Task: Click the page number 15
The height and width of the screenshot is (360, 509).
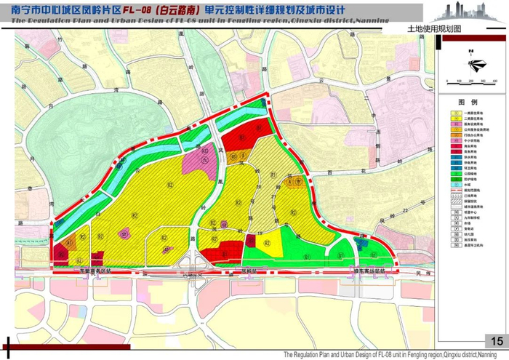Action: pyautogui.click(x=497, y=342)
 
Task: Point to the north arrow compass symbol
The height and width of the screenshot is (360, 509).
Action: pyautogui.click(x=473, y=64)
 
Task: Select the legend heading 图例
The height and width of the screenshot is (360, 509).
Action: pyautogui.click(x=467, y=103)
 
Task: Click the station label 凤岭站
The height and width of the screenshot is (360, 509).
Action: pyautogui.click(x=250, y=268)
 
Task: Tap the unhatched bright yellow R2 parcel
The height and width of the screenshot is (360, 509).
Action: pyautogui.click(x=268, y=242)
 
